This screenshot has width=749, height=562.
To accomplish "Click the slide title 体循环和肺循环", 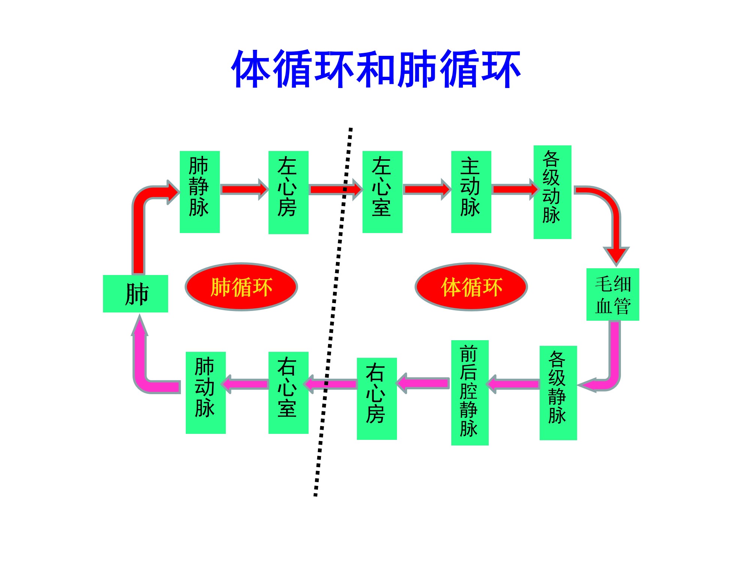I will pos(376,69).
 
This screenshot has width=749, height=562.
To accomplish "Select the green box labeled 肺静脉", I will pos(200,192).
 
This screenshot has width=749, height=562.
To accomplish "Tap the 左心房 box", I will pos(288,192).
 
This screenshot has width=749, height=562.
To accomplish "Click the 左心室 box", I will pos(382,192).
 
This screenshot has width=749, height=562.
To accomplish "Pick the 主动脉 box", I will pos(471,192).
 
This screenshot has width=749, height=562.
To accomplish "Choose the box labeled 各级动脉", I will pos(552,192).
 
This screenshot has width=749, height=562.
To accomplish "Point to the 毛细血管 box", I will pos(613,294).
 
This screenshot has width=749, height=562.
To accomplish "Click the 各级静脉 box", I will pos(558,393).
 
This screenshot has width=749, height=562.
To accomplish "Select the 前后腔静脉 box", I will pos(470,393).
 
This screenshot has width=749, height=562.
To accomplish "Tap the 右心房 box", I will pos(377,399).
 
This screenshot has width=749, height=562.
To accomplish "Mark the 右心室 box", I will pos(288,393).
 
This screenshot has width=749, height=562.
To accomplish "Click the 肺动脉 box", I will pos(206,393).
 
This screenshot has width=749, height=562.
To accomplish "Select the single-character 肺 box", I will pos(136,294).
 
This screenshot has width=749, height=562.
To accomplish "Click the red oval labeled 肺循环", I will pos(241,287).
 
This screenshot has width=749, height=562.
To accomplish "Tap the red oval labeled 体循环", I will pos(471,287).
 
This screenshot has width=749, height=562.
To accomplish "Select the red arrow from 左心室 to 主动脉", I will pos(427,189).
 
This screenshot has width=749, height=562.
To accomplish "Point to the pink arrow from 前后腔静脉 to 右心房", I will pos(423,383).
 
